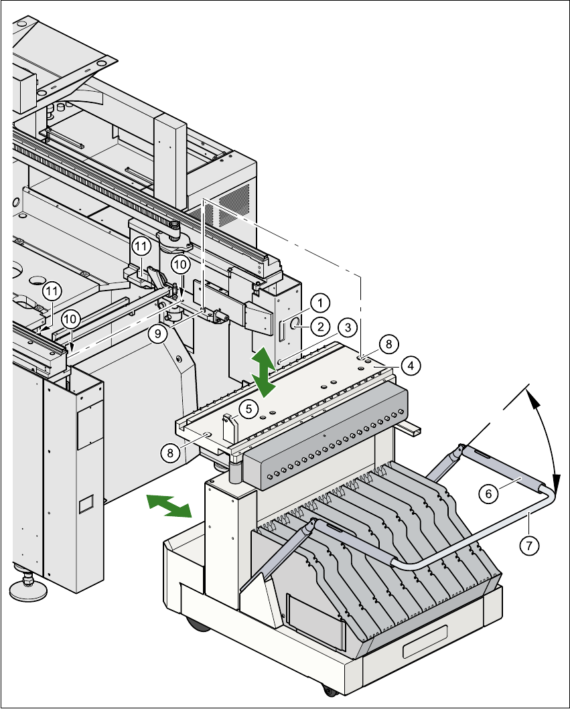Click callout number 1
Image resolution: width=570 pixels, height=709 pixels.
click(320, 302)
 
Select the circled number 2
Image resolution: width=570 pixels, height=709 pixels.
click(319, 326)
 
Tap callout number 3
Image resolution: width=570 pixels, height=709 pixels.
click(347, 327)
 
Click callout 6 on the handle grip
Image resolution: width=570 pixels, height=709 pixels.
click(488, 493)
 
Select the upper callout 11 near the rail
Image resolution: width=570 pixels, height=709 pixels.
click(141, 246)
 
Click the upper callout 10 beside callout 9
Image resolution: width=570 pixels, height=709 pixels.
click(180, 264)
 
